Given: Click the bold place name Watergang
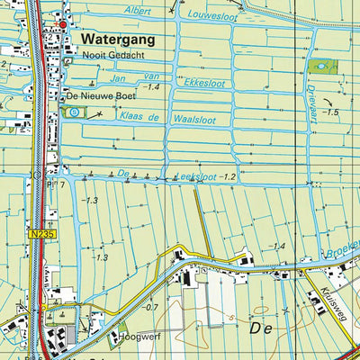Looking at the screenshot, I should [x=117, y=40].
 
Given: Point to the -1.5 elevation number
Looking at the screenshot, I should [x=332, y=112].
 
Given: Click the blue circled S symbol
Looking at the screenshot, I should [x=74, y=112].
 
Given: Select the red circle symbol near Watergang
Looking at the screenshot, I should [x=64, y=20].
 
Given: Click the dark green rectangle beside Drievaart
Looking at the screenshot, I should [x=321, y=65].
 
